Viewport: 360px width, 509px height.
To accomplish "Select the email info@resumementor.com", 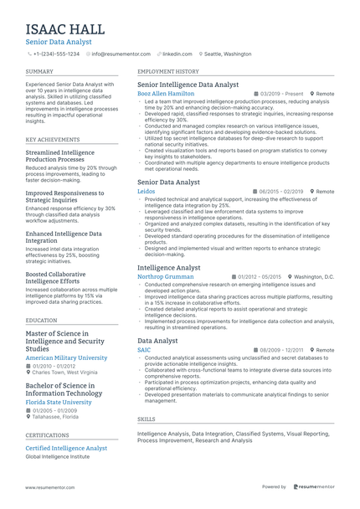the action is (119, 54).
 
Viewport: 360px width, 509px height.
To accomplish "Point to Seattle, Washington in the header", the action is (227, 54).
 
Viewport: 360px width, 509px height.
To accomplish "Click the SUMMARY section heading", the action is (39, 72).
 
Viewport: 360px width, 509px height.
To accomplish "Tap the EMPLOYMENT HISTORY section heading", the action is (168, 72).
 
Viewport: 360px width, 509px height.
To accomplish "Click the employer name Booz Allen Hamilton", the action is (165, 94).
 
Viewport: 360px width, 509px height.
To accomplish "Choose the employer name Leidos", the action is (146, 191).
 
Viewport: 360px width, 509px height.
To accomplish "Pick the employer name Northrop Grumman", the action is (165, 276).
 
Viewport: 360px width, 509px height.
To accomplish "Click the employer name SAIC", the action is (144, 350).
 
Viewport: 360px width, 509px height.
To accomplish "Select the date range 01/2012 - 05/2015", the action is (260, 276).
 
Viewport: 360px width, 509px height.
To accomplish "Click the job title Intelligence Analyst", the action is (168, 267).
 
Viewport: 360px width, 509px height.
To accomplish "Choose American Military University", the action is (67, 357).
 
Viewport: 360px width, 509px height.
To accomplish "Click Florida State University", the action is (59, 402).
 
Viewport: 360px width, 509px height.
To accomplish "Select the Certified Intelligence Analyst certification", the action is (66, 448).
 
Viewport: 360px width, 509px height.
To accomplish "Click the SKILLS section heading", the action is (146, 419).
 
